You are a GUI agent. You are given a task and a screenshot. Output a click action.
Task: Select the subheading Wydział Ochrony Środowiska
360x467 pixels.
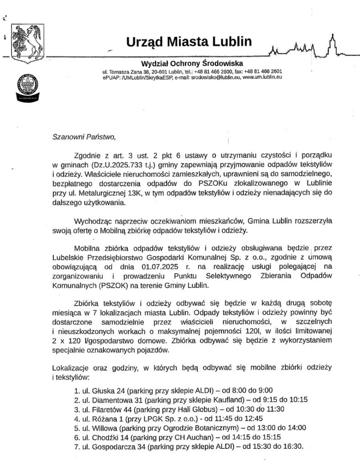tap(192, 63)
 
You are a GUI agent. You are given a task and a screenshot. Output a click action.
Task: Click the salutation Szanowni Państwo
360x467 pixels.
tap(81, 136)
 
